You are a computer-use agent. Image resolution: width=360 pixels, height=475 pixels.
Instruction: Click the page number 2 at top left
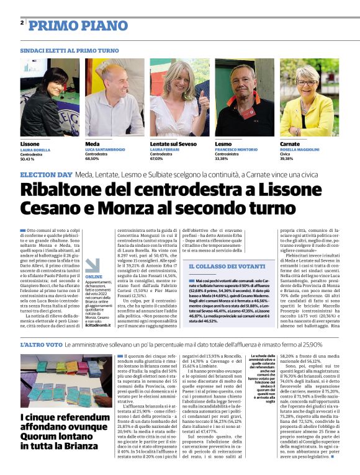(22, 23)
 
